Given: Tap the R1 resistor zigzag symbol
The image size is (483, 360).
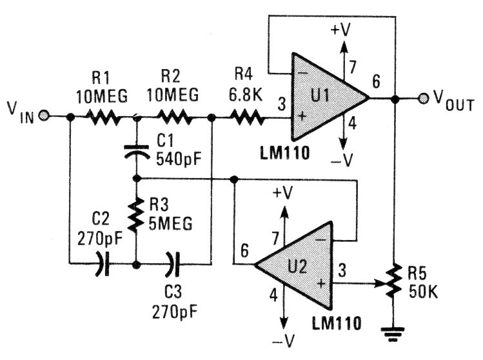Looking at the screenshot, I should pos(104,117).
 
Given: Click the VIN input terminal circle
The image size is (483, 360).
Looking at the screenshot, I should pos(43,117).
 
